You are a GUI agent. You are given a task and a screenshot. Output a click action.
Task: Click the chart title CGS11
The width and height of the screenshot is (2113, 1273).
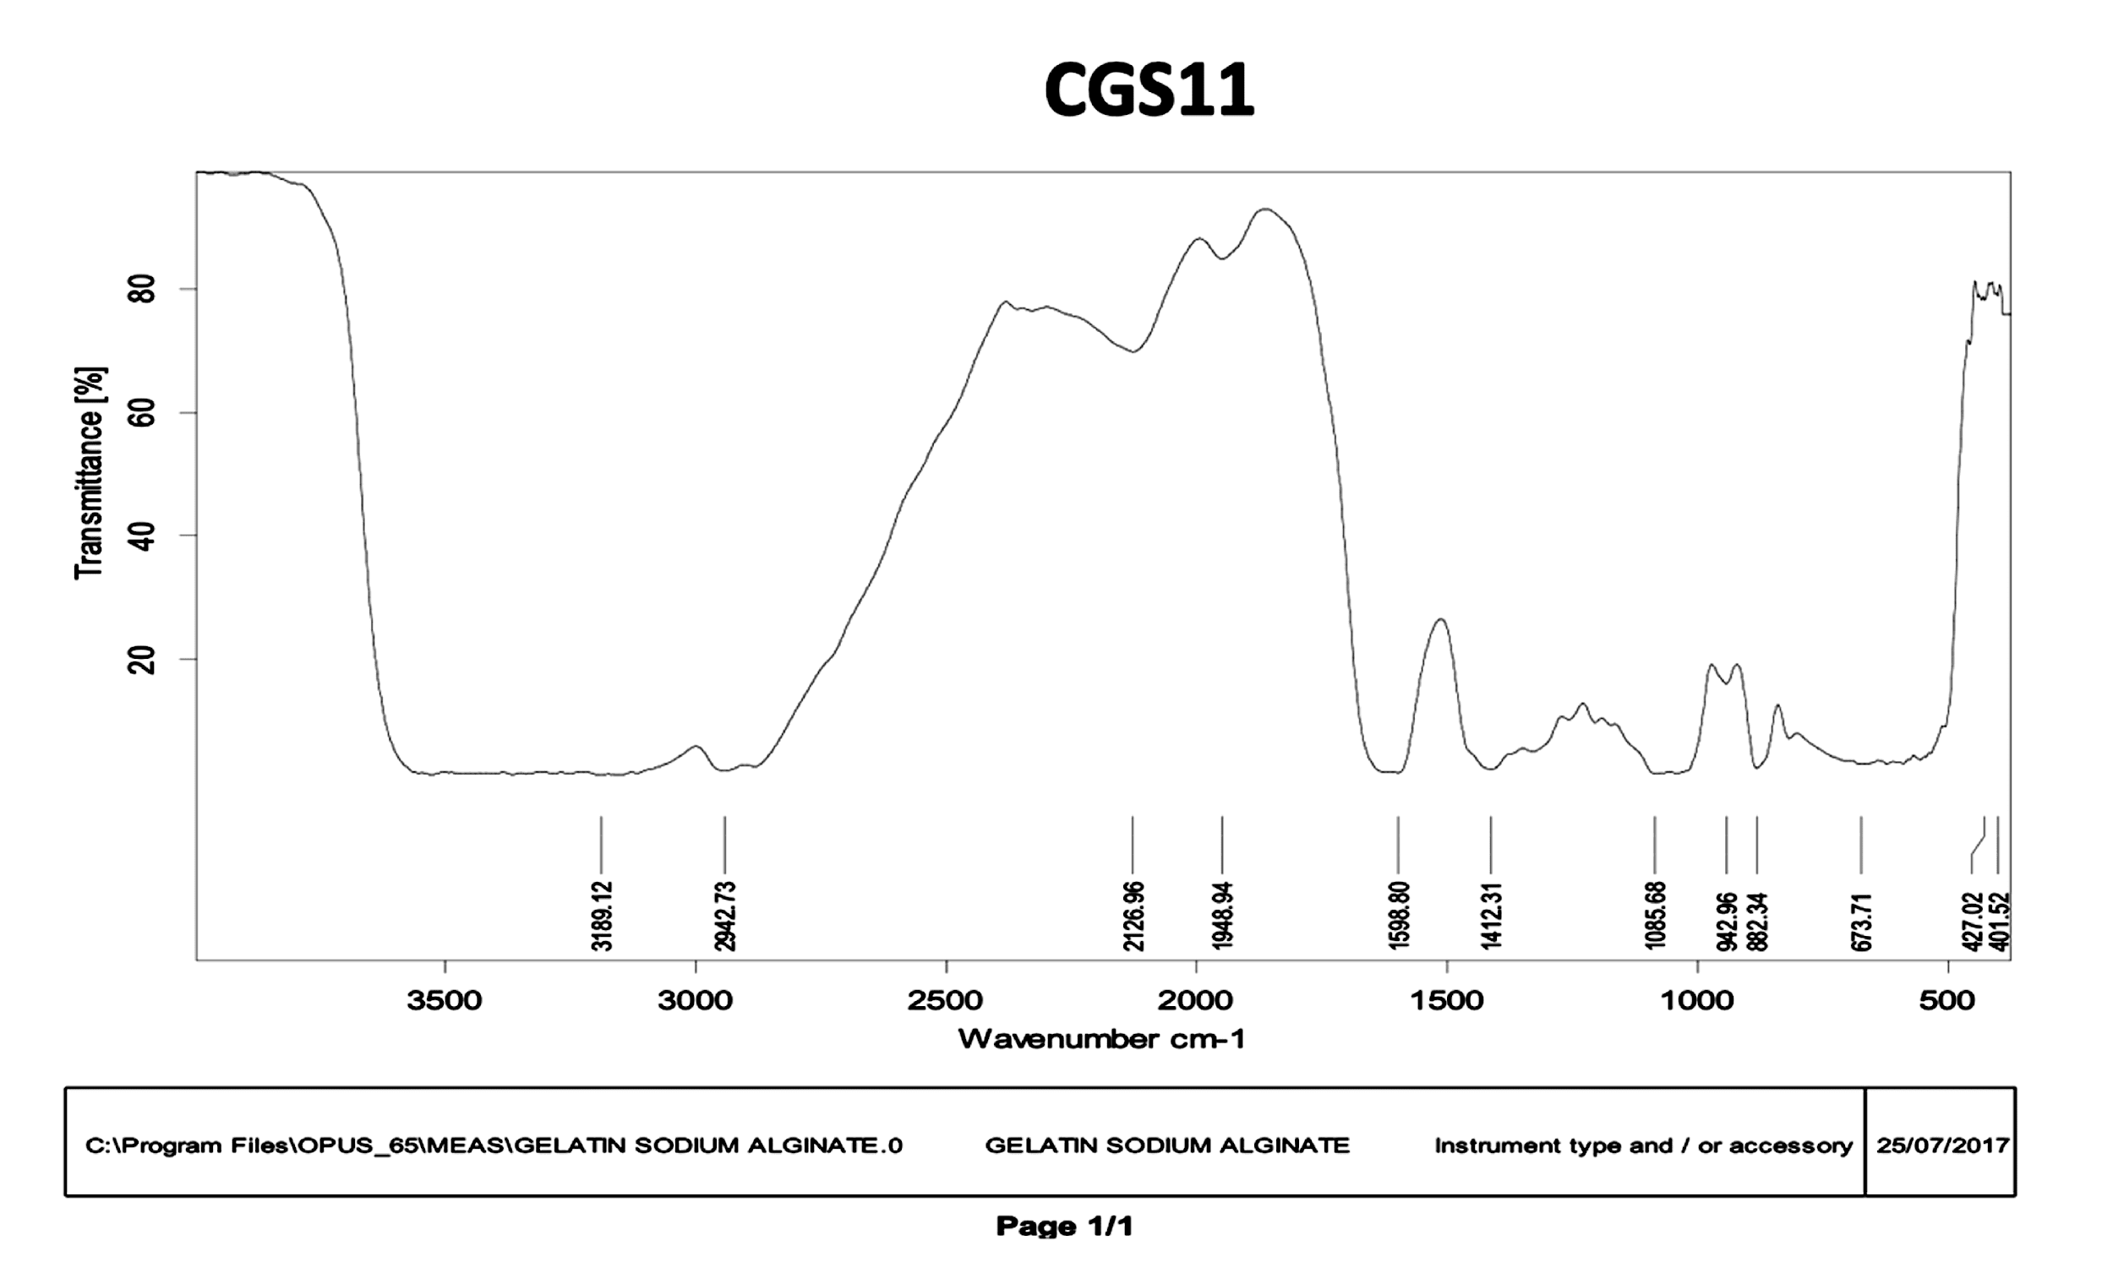point(1149,91)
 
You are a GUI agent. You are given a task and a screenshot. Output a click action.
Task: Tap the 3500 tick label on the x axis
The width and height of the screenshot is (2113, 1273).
point(445,1000)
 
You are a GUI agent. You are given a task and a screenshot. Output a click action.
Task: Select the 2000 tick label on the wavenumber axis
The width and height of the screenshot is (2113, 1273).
point(1195,1000)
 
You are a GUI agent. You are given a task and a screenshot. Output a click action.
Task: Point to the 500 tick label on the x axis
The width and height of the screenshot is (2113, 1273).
point(1947,1000)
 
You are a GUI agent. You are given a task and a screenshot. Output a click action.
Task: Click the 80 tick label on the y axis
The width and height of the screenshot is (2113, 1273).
point(142,290)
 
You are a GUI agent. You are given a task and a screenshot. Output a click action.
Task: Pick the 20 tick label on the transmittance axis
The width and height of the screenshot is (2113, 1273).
point(142,659)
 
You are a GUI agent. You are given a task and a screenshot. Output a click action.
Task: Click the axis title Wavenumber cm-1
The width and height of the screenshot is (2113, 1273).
point(1101,1039)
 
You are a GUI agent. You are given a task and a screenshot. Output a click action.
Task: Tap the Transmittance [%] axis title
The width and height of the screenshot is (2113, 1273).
point(90,473)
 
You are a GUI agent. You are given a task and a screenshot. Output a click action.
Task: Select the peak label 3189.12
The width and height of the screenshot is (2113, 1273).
point(602,916)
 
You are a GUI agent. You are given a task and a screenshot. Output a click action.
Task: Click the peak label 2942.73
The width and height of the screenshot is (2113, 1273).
point(725,916)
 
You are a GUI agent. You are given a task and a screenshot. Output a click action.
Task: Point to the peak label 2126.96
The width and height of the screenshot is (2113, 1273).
point(1133,916)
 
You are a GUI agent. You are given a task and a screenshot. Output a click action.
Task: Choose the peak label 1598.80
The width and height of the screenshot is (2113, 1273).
point(1399,916)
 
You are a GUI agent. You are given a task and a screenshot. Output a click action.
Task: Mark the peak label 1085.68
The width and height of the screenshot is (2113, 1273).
point(1655,916)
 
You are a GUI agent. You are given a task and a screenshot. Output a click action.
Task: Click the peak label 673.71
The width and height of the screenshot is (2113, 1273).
point(1861,922)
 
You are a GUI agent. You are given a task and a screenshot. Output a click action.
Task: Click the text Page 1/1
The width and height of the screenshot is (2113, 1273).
point(1064,1227)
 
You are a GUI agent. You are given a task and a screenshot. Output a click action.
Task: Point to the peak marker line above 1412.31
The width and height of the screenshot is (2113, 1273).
point(1491,844)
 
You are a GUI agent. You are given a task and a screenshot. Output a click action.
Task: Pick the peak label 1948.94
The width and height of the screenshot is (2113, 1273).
point(1222,916)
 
